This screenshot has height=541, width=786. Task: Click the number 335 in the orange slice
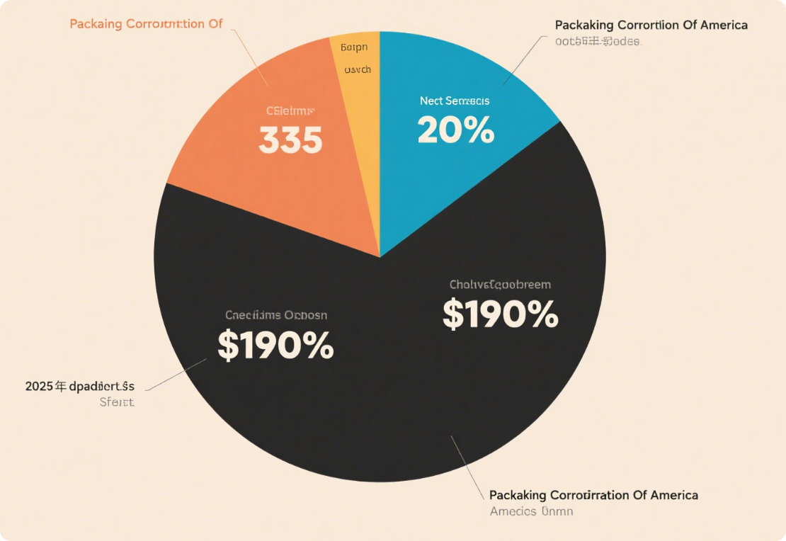[290, 140]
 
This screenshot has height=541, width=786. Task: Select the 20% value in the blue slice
[455, 130]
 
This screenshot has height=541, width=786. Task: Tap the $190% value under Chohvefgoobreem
[500, 314]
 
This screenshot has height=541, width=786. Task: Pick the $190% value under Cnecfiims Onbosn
[275, 346]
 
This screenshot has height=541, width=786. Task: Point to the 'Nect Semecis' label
[454, 101]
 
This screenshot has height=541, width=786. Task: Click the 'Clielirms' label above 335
[290, 111]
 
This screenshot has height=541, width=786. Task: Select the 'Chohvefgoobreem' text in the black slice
[500, 285]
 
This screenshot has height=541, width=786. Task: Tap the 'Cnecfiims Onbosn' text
[276, 315]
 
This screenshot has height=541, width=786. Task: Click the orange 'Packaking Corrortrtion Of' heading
[146, 24]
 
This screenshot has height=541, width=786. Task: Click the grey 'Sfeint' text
[116, 402]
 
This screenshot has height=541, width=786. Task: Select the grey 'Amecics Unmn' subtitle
[531, 511]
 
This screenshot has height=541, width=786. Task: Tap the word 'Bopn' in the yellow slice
[354, 48]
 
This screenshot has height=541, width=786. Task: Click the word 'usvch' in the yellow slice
[357, 70]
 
